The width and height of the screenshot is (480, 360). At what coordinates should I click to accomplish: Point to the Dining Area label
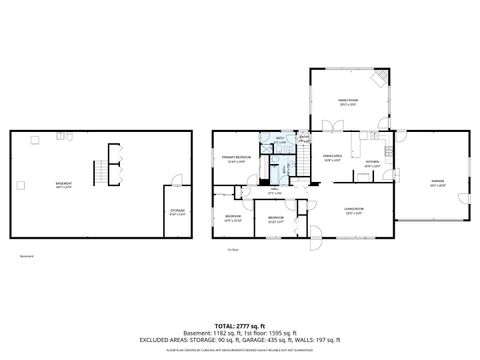pos(333,157)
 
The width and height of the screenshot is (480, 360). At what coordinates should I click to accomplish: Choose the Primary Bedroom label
pos(235,159)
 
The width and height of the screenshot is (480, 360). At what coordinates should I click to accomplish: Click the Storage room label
pos(177,212)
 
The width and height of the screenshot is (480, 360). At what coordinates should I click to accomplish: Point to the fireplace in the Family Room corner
pos(377,78)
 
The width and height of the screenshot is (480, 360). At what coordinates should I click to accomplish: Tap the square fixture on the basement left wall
pos(19,184)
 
